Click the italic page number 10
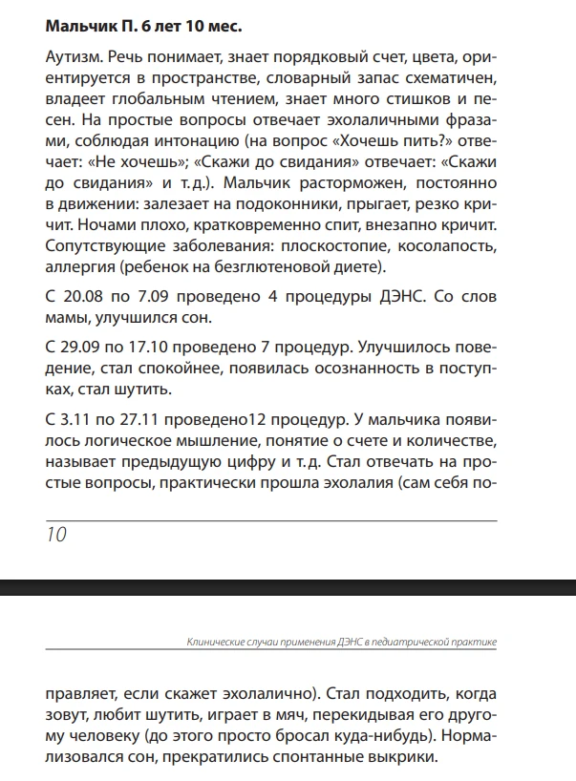tap(56, 535)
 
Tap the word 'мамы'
tap(67, 316)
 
